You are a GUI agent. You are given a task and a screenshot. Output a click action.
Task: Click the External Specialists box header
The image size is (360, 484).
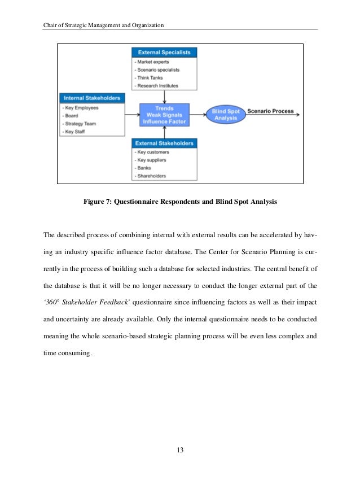(164, 53)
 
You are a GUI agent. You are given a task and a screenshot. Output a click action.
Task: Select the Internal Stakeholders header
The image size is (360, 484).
(92, 98)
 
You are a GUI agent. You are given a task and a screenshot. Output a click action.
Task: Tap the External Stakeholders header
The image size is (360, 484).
(164, 143)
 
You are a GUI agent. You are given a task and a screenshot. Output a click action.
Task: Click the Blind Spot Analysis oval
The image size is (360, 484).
(226, 115)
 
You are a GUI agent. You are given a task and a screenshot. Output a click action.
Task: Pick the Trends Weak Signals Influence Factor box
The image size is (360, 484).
(164, 115)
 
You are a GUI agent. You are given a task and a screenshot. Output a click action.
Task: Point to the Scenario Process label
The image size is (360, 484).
(270, 111)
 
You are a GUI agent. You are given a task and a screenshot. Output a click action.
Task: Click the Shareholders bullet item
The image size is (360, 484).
(151, 176)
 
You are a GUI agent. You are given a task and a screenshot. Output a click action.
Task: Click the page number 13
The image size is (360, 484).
(180, 450)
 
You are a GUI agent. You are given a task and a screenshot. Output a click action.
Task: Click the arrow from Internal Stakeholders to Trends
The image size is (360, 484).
(132, 115)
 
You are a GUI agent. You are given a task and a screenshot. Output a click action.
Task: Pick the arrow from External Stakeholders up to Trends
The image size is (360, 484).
(164, 133)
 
